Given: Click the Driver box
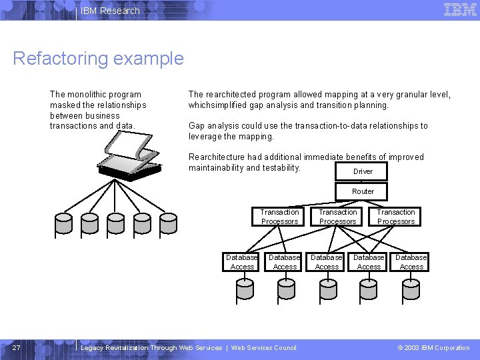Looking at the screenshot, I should (363, 171).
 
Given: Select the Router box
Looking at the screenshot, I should (363, 191).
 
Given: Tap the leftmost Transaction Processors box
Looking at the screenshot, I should (280, 217).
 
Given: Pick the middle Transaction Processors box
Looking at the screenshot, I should (338, 217).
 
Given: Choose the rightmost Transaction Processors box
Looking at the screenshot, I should (396, 217).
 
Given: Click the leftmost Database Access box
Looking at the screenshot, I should (242, 262).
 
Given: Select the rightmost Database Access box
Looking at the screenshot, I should (411, 262).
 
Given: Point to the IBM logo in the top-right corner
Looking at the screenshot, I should (460, 10).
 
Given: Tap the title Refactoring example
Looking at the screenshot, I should (98, 59).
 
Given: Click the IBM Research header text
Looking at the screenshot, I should (110, 11).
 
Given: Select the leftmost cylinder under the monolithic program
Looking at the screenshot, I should (64, 224).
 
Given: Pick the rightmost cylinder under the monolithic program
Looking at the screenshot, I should (168, 224).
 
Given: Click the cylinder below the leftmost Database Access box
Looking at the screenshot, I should (245, 289).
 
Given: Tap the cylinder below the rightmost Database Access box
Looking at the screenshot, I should (409, 289).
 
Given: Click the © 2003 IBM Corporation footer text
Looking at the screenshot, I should (433, 347).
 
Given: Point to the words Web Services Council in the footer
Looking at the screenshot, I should (263, 347).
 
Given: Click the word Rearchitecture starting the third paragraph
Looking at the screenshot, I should (217, 157).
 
